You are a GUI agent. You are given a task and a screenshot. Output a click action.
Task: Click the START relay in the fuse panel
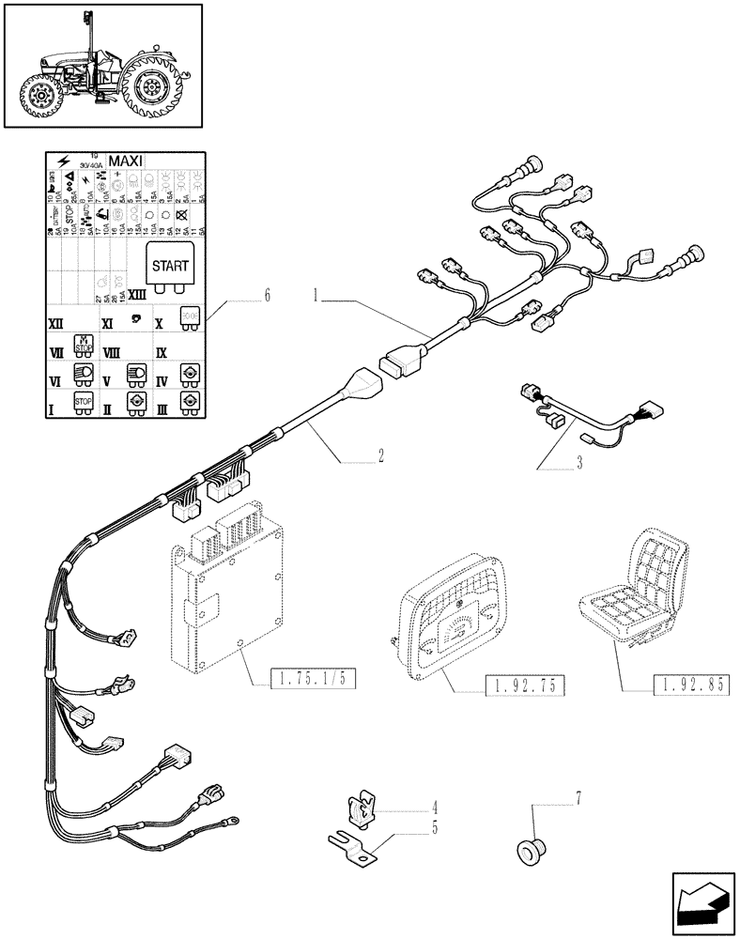coord(169,266)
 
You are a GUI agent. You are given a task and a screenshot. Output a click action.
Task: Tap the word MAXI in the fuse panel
coord(126,162)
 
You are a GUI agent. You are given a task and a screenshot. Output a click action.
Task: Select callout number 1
coord(318,295)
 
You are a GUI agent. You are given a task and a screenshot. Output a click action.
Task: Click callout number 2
coord(380,456)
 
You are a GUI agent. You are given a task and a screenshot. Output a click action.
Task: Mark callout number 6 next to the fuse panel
coord(268,296)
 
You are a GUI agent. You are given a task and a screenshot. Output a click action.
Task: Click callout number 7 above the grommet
coord(578,798)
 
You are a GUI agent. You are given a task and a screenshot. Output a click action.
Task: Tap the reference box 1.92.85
coord(688,685)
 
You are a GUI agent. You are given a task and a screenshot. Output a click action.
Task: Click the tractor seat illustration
coord(639,592)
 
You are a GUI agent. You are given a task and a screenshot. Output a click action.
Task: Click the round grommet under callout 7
coord(531,851)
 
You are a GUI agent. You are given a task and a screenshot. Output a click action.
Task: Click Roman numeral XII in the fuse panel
coord(56,322)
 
